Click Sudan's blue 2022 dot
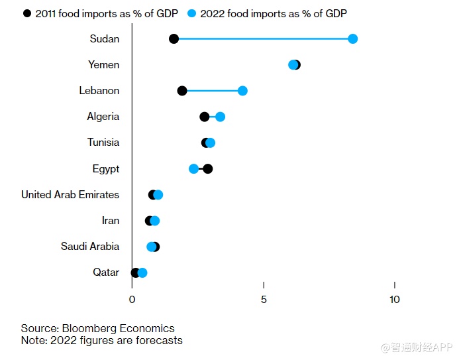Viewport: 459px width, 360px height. tap(352, 38)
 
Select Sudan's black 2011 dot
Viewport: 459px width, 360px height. tap(174, 38)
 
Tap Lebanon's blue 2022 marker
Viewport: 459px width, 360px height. tap(242, 90)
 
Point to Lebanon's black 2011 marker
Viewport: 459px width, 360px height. tap(182, 90)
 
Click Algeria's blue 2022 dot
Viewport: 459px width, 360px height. tap(220, 117)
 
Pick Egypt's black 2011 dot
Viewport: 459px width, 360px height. tap(208, 168)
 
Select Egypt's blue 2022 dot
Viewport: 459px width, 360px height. tap(193, 168)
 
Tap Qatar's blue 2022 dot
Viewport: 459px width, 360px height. tap(142, 272)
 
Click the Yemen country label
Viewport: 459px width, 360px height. tap(103, 64)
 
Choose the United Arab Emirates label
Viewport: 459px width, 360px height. tap(70, 194)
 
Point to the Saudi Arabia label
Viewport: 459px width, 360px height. tap(90, 246)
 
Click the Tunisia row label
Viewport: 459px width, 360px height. tap(103, 142)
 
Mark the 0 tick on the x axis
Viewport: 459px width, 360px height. tap(132, 299)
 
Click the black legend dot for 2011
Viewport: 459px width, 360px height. tap(26, 13)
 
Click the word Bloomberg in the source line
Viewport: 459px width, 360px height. tap(89, 328)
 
